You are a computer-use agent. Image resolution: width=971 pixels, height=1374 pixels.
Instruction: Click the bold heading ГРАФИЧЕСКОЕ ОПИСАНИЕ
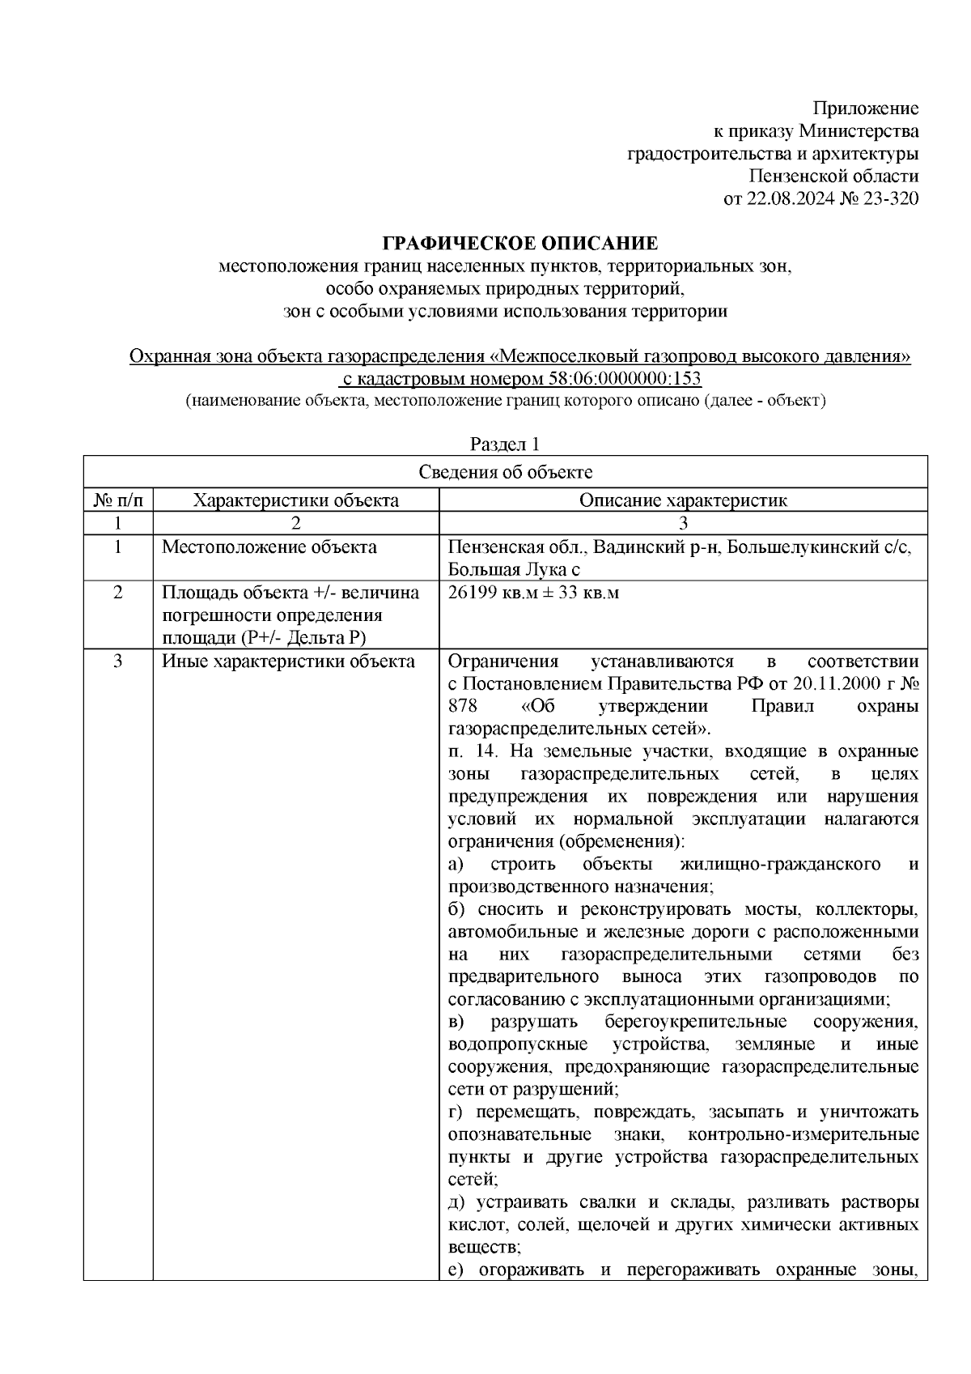coord(520,243)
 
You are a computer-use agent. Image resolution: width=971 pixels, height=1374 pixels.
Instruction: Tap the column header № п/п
coord(118,500)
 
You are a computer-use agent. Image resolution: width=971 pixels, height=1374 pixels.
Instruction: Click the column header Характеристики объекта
coord(295,500)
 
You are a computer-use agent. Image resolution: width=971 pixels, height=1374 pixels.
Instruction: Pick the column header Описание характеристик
coord(683,500)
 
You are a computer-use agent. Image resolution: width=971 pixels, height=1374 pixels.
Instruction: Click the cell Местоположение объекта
coord(269,547)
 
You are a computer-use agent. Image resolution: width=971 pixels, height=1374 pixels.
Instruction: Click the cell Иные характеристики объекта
coord(288,661)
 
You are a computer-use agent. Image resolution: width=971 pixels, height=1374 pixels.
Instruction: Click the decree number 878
coord(463,706)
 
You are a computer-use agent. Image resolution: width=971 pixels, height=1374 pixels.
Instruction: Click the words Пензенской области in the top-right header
coord(833,177)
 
